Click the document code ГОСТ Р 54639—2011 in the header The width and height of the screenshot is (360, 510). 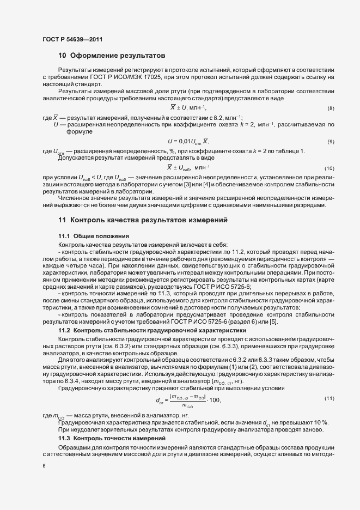click(x=71, y=39)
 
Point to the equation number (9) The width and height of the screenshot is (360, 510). click(x=331, y=142)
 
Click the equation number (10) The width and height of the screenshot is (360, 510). click(x=330, y=168)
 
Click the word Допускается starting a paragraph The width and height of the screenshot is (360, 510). click(x=76, y=157)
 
